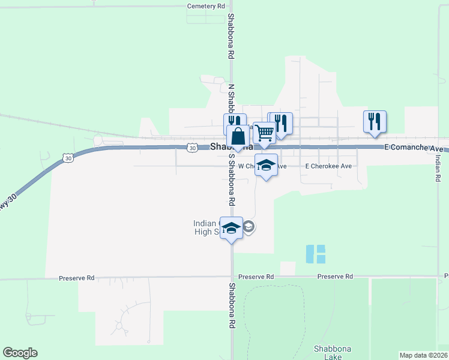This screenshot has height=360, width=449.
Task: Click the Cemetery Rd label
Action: [x=206, y=6]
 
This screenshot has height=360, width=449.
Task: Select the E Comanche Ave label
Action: [x=414, y=148]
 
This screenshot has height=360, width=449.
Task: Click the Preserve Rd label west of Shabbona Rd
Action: [x=77, y=278]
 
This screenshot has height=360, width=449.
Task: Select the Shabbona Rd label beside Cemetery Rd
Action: [x=231, y=36]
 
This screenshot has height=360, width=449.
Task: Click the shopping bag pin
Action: [x=238, y=137]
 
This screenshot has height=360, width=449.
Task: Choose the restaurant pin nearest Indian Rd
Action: [x=375, y=121]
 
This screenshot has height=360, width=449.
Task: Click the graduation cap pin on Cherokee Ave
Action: [x=266, y=166]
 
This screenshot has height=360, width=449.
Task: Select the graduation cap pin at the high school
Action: [x=232, y=227]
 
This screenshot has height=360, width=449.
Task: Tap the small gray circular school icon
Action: [x=249, y=226]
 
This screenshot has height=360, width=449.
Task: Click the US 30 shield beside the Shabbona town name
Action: [x=191, y=147]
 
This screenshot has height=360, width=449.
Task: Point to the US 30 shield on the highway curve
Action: [x=67, y=157]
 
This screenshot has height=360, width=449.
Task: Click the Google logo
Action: [x=20, y=353]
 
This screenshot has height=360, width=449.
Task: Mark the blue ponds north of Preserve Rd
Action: [x=315, y=254]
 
